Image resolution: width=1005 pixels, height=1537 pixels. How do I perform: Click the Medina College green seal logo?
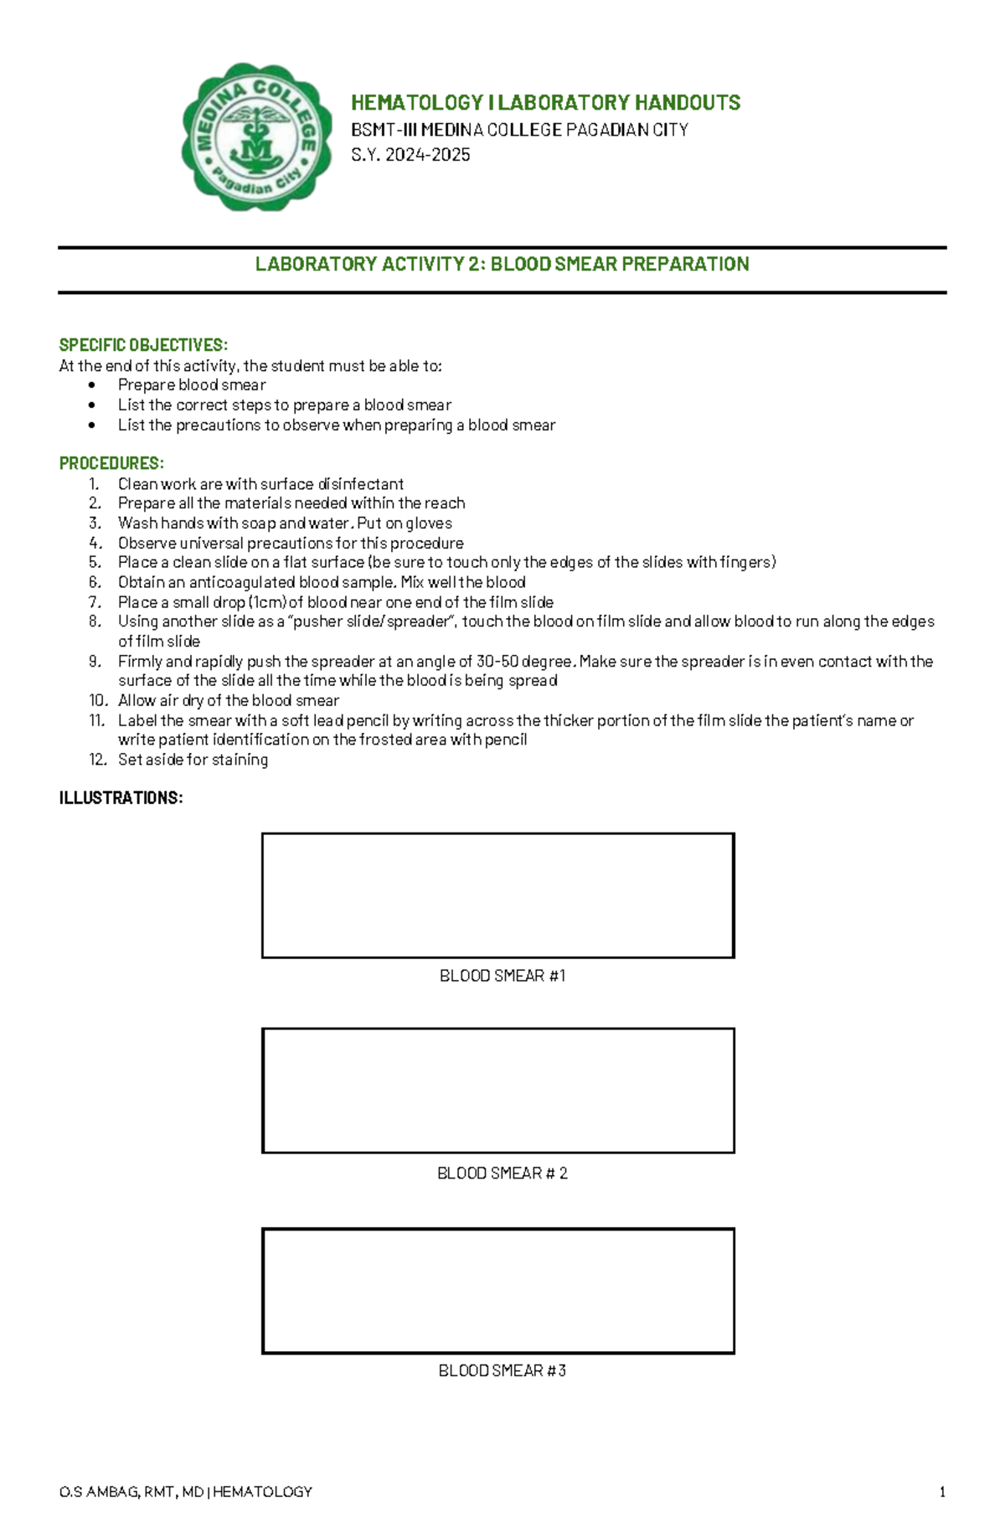(x=256, y=137)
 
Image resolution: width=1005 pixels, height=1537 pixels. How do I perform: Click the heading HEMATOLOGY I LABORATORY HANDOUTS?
(x=545, y=103)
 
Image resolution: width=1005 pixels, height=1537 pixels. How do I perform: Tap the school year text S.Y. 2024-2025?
(x=410, y=155)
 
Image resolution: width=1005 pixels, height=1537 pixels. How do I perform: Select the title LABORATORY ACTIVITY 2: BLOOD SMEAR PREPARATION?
(x=502, y=265)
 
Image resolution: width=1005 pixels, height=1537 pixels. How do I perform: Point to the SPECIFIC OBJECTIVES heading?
(x=143, y=345)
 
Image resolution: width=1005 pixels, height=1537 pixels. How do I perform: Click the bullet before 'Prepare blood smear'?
(x=92, y=385)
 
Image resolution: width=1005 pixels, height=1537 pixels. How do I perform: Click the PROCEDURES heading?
(x=111, y=464)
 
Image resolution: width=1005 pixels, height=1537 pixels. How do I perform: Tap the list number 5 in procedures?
(x=95, y=562)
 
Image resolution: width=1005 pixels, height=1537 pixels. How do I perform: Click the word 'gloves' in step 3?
(x=429, y=524)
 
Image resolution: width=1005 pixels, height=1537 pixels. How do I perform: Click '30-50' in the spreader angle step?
(x=497, y=662)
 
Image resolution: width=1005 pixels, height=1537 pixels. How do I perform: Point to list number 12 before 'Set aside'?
(x=97, y=760)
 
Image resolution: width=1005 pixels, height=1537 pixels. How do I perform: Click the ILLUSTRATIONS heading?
(x=121, y=798)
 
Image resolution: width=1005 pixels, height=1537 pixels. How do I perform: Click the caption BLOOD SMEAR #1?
(x=502, y=976)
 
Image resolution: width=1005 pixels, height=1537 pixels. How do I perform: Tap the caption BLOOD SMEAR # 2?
(x=502, y=1173)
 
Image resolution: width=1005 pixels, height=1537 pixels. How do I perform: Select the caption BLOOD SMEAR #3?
(x=502, y=1371)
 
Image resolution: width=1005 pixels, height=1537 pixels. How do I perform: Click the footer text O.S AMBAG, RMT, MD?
(x=131, y=1492)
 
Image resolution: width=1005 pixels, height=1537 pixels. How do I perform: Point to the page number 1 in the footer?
(x=942, y=1492)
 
